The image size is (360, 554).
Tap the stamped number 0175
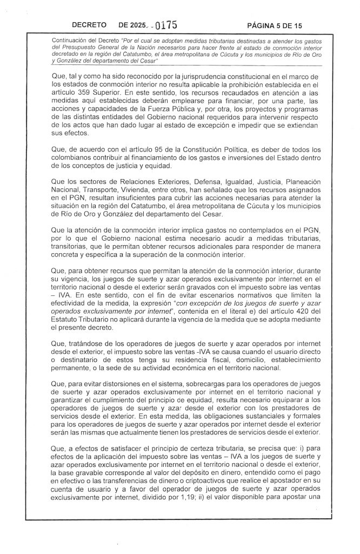[165, 24]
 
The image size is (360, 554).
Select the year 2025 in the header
[139, 25]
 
